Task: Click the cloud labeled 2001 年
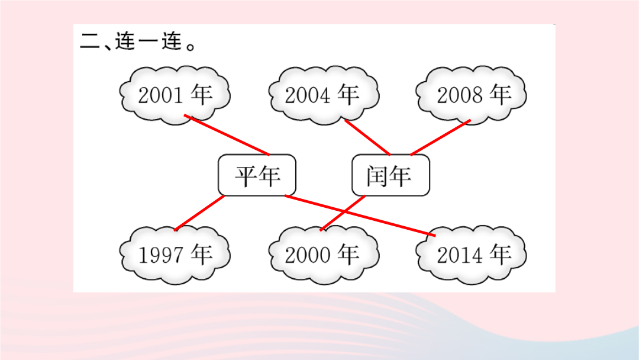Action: (175, 95)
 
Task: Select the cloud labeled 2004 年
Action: (324, 95)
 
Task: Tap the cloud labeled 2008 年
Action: (471, 95)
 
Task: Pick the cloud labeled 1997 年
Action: (175, 255)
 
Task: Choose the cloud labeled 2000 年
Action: (324, 255)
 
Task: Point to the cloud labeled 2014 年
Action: (471, 255)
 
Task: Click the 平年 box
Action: (257, 175)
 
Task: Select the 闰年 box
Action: (391, 175)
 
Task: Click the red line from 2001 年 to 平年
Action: (227, 136)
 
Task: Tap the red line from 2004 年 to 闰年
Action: (367, 137)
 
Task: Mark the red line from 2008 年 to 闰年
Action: (441, 137)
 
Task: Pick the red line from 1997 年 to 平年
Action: (199, 213)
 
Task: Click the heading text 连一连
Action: (149, 41)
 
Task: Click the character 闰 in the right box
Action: (377, 176)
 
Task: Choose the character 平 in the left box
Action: (246, 176)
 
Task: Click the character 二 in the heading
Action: (90, 41)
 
